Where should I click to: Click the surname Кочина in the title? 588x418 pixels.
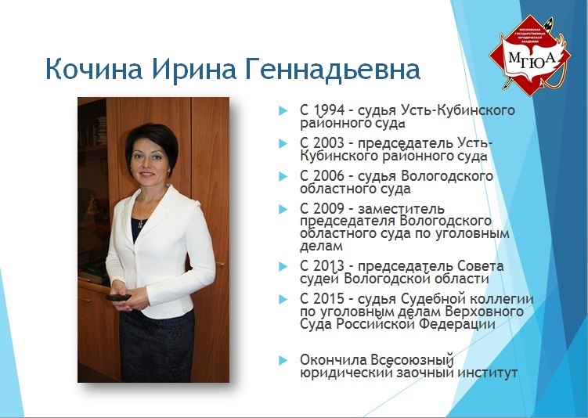point(94,69)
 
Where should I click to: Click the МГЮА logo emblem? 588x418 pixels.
point(529,55)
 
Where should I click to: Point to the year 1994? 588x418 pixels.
point(329,110)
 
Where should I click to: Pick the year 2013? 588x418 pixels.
point(329,266)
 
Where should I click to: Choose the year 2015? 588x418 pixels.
point(329,299)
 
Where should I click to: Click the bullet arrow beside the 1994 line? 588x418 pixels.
point(283,110)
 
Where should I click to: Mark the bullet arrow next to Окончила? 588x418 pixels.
point(283,360)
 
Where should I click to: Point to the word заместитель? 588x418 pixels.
point(401,208)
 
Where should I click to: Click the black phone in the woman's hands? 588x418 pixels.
point(118,297)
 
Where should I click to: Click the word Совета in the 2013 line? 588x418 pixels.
point(480,266)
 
